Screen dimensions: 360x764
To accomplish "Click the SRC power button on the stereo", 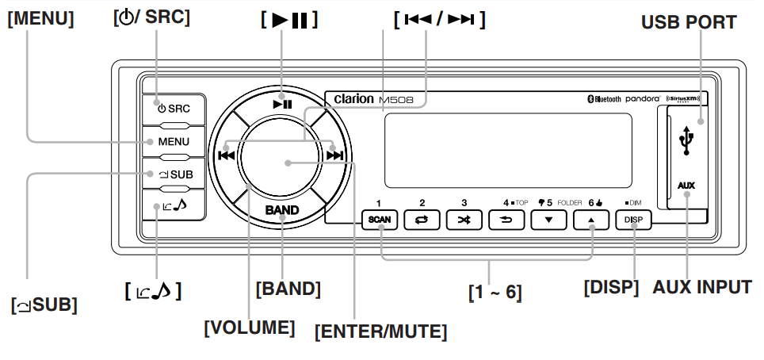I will (x=174, y=108).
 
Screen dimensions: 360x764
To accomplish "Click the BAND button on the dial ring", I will (x=282, y=210).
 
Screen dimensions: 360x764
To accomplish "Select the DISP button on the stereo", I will (x=634, y=220).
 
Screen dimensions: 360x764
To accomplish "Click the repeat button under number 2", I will (x=422, y=220).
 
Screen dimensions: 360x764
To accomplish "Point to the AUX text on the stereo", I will (x=686, y=186).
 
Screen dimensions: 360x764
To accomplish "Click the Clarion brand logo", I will (x=349, y=99).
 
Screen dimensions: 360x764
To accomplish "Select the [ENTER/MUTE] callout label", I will (x=380, y=331).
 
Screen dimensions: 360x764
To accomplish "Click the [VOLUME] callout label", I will (x=250, y=326).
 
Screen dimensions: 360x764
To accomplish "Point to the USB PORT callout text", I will (x=689, y=22).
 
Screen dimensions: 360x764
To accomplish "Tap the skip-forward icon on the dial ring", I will (x=334, y=155).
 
